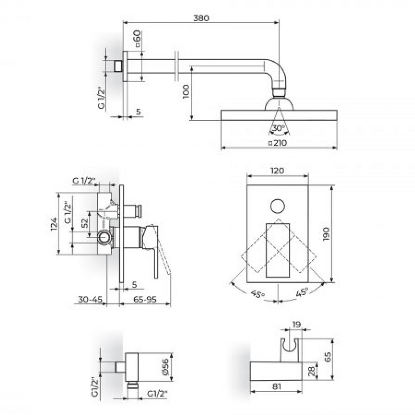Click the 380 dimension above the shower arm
point(201,18)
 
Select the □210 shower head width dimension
point(277,143)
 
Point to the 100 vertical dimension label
point(186,91)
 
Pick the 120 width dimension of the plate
point(277,171)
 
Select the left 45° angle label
point(258,294)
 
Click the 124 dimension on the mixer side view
point(54,224)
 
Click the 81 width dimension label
point(276,387)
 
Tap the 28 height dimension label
point(312,371)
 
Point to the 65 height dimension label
point(328,357)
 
